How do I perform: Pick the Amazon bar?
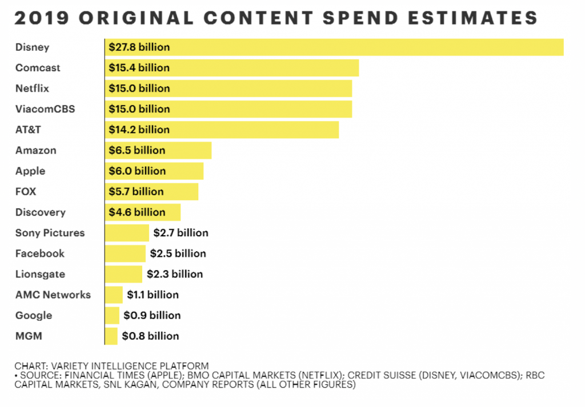(x=189, y=150)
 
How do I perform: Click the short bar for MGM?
(x=111, y=336)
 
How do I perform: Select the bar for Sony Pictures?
(x=127, y=232)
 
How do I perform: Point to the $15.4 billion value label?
(x=139, y=67)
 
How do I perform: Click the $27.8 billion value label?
(x=139, y=47)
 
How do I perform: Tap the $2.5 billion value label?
(x=178, y=253)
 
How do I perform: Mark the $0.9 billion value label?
(x=152, y=315)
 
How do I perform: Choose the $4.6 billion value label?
(x=137, y=212)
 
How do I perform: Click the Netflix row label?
(x=32, y=88)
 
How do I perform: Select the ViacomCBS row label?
(x=45, y=109)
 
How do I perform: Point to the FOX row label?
(x=26, y=191)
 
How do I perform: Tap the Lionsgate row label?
(x=40, y=274)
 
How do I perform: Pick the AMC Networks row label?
(x=53, y=295)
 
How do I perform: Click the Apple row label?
(x=30, y=171)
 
